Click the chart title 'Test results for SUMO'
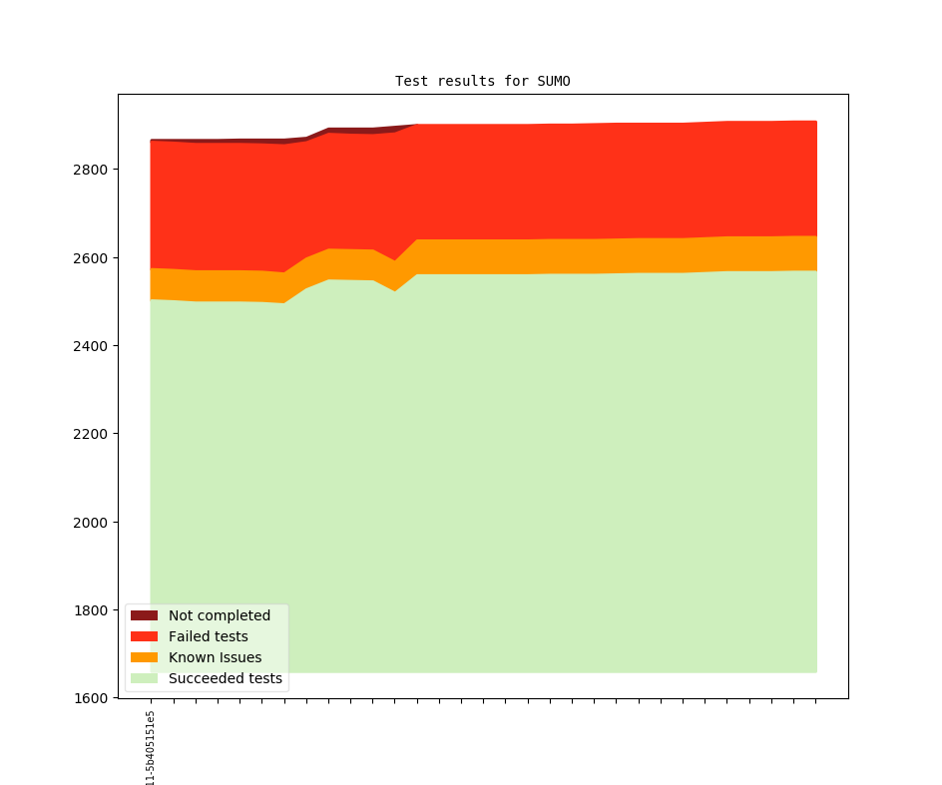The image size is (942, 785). point(482,81)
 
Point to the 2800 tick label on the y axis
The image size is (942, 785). point(92,170)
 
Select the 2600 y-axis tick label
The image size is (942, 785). point(92,257)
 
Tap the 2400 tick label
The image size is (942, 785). point(92,346)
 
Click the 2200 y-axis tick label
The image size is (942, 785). point(92,434)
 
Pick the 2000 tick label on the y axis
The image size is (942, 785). point(92,522)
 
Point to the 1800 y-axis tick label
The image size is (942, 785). point(92,610)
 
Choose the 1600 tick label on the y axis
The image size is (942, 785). point(92,698)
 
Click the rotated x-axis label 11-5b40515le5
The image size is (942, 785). point(151,748)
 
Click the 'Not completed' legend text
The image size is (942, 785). point(219,615)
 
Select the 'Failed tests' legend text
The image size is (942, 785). point(208,636)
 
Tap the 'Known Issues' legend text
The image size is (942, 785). point(215,657)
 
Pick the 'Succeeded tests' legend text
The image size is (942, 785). point(225,678)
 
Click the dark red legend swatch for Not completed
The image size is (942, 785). point(144,615)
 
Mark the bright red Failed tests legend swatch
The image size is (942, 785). point(144,636)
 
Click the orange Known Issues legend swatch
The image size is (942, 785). point(144,657)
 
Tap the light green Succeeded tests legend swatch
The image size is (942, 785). point(144,678)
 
